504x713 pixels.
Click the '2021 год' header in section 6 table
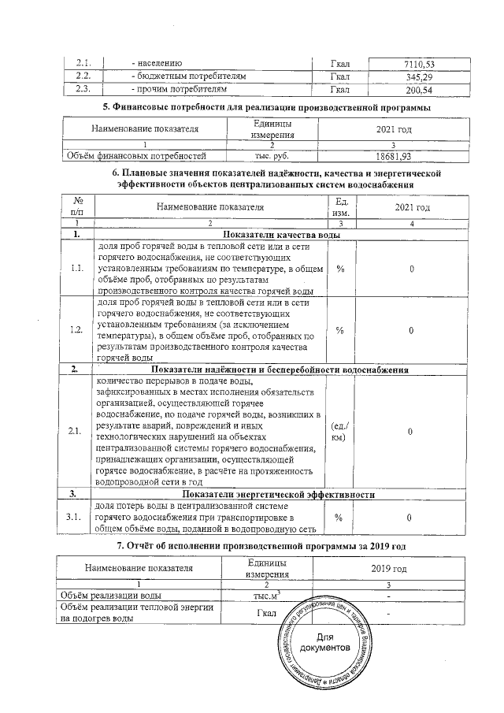click(x=412, y=207)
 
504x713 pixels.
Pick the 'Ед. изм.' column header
click(x=341, y=207)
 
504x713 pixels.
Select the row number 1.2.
click(x=77, y=329)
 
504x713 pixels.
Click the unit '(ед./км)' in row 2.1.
click(x=339, y=431)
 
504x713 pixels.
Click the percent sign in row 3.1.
click(x=340, y=517)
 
